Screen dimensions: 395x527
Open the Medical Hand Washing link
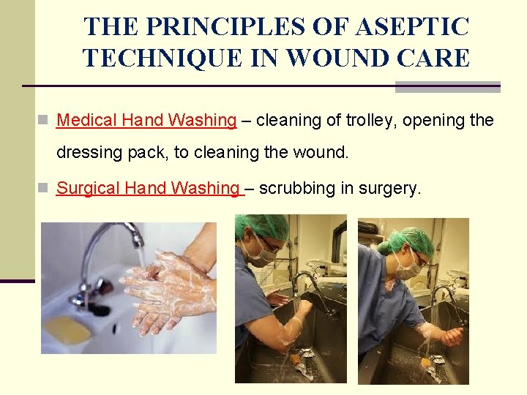click(146, 120)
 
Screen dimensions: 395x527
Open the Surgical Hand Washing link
click(149, 188)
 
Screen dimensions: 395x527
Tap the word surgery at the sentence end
click(392, 188)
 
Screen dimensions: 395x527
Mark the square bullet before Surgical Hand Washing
click(44, 189)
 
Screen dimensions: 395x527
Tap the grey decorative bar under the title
click(447, 87)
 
